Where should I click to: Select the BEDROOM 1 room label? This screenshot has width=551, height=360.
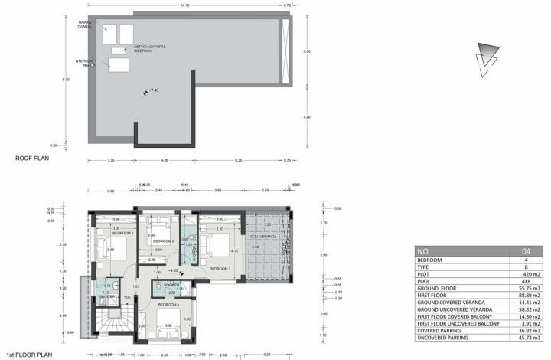(x=220, y=269)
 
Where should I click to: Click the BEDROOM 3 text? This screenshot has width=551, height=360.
(x=122, y=233)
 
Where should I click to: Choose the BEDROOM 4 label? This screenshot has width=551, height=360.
(x=168, y=304)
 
